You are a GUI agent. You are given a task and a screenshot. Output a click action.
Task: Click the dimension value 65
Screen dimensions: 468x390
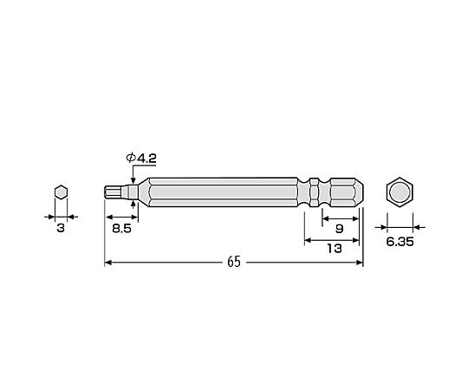point(234,262)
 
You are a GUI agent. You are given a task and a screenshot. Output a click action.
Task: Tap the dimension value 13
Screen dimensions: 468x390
point(335,249)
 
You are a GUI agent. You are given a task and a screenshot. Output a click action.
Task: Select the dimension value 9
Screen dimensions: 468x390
point(340,229)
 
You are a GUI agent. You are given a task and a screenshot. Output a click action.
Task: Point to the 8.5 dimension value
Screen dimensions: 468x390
point(122,229)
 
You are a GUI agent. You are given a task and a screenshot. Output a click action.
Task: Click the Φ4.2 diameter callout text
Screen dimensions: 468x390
point(141,158)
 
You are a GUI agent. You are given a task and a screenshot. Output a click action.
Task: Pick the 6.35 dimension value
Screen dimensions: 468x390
point(400,242)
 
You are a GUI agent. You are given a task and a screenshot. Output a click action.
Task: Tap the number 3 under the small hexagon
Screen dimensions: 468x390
point(61,228)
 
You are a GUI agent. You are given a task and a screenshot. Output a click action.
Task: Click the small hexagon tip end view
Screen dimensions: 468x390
point(62,192)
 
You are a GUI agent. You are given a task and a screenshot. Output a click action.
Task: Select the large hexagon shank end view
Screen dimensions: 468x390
point(400,192)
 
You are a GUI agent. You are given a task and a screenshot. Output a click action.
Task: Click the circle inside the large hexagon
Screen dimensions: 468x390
point(400,192)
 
